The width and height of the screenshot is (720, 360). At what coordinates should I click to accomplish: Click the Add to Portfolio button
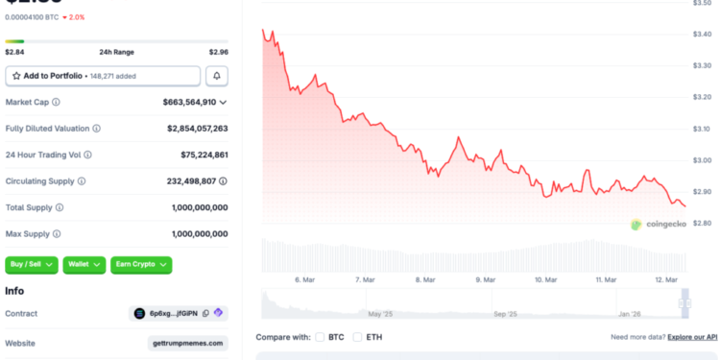[x=103, y=76]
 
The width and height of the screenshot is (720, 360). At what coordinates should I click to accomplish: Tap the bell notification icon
[x=218, y=76]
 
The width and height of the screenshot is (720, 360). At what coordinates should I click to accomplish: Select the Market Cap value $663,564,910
[x=190, y=102]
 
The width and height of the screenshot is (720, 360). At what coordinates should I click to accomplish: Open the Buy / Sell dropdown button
[x=32, y=265]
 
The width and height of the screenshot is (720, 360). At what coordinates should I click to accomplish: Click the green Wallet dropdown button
[x=84, y=265]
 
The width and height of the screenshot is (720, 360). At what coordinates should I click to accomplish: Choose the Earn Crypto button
[x=141, y=265]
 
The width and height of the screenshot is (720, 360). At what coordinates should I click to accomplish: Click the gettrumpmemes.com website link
[x=187, y=343]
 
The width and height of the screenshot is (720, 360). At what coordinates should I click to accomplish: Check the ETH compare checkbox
[x=358, y=337]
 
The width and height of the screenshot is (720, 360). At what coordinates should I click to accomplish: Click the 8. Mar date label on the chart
[x=425, y=279]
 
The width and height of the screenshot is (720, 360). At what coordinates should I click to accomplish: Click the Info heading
[x=14, y=291]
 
